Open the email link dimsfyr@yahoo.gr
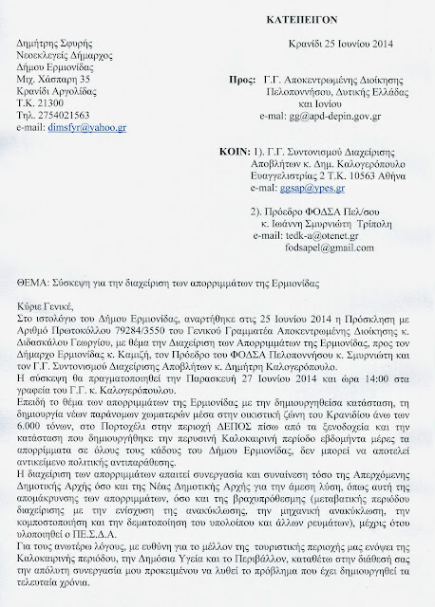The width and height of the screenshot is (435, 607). (x=92, y=135)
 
